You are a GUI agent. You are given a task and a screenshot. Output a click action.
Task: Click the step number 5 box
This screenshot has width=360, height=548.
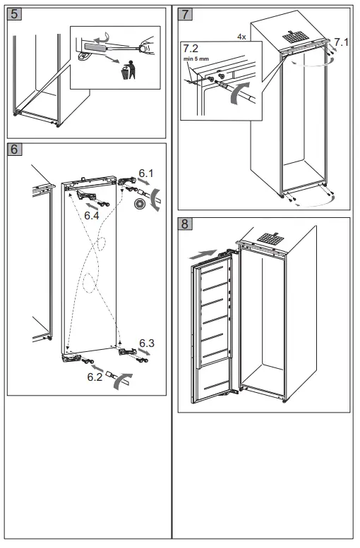click(x=14, y=14)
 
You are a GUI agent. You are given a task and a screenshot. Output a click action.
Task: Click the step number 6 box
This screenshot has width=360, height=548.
click(x=14, y=149)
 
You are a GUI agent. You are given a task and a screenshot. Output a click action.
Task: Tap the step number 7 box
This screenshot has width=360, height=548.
click(x=185, y=14)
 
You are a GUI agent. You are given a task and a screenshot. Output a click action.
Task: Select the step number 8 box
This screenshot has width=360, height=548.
click(x=185, y=224)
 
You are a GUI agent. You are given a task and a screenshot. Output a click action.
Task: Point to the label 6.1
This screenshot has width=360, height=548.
click(x=146, y=173)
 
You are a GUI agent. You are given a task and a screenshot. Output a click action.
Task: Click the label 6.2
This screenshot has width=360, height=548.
click(x=95, y=377)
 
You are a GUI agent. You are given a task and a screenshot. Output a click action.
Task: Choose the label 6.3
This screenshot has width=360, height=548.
click(x=147, y=343)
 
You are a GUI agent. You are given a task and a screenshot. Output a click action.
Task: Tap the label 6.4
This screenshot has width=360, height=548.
click(x=91, y=216)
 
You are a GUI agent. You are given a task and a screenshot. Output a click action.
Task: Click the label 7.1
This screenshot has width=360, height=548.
click(x=342, y=42)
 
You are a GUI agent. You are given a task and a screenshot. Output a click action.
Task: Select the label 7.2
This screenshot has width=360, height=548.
click(x=191, y=48)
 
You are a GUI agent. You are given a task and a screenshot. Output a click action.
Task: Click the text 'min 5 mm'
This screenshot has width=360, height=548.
click(x=196, y=59)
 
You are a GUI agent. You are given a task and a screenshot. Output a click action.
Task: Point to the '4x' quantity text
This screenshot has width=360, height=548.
click(x=241, y=37)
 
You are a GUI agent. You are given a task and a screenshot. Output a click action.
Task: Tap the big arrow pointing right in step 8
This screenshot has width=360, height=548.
click(x=203, y=255)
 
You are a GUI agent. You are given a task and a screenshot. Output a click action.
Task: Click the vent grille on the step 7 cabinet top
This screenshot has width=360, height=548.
click(x=294, y=37)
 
